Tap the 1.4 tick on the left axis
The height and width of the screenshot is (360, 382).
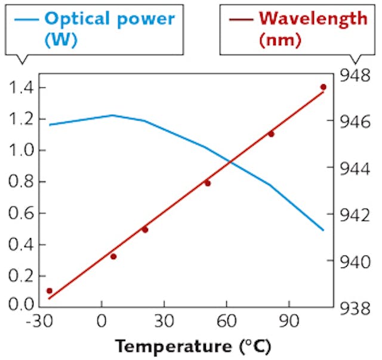[x=21, y=88]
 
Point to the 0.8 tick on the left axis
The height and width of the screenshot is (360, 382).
[x=21, y=182]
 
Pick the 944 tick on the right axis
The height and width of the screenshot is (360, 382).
[x=356, y=169]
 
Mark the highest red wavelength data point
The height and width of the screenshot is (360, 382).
[x=324, y=87]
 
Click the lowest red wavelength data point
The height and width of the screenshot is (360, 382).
[x=50, y=291]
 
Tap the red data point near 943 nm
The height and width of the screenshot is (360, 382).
[x=208, y=183]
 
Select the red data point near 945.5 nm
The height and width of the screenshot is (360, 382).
[x=271, y=134]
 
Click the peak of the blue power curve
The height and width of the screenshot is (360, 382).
[x=113, y=115]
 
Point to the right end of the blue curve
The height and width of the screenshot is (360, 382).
[x=323, y=230]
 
